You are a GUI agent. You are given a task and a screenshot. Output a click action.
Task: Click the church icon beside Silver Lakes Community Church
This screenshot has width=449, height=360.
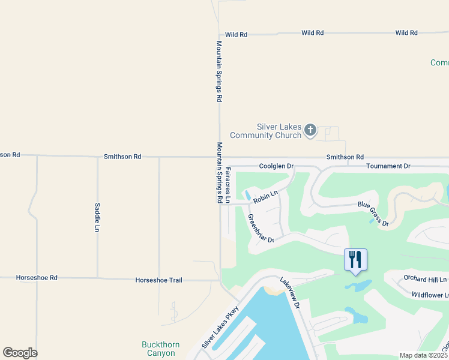[x=310, y=130]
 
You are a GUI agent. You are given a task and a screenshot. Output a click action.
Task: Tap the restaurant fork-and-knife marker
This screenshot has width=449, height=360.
[x=355, y=260]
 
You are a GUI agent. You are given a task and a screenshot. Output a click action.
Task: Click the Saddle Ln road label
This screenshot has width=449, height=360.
[x=97, y=217]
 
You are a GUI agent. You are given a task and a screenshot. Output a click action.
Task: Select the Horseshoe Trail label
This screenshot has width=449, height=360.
[x=158, y=280]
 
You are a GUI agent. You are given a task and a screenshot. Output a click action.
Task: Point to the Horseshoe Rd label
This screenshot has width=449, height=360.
[x=37, y=278]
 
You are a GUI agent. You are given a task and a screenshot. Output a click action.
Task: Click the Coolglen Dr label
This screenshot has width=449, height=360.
[x=276, y=166]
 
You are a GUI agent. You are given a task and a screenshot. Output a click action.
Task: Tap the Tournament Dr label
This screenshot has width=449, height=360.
[x=388, y=166]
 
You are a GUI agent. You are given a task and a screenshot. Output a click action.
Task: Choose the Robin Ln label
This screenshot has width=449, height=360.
[x=265, y=196]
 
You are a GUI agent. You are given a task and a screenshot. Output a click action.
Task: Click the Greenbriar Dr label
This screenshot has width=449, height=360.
[x=261, y=228]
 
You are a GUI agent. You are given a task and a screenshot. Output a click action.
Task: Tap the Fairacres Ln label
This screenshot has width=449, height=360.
[x=228, y=186]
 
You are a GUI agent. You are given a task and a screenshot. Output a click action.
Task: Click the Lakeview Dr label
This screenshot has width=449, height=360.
[x=289, y=293]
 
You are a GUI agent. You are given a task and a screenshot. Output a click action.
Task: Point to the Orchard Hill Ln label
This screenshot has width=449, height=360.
[x=426, y=280]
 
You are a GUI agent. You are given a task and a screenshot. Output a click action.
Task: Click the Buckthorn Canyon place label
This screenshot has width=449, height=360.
[x=158, y=349]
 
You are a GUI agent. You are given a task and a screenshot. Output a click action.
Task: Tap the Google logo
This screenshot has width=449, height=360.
[x=20, y=353]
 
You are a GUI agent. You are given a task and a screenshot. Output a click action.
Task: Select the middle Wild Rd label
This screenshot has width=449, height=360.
[x=312, y=33]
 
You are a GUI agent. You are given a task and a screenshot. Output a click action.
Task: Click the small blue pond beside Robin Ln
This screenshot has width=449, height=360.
[x=247, y=196]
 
